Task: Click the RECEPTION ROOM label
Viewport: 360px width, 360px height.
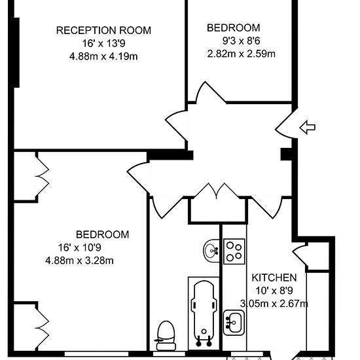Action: point(103,31)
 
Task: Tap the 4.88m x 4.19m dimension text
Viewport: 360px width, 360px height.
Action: point(103,56)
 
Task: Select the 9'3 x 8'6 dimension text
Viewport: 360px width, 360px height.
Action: point(242,41)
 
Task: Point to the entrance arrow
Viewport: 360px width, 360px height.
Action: point(308,127)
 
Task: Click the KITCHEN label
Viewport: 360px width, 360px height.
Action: point(274,278)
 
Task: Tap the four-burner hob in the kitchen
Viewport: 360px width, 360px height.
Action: point(234,251)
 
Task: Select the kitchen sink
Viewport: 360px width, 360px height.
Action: point(234,323)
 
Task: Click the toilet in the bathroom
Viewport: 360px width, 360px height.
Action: point(166,335)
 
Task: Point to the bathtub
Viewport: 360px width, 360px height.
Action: point(204,313)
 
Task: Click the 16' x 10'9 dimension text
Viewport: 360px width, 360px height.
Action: point(79,247)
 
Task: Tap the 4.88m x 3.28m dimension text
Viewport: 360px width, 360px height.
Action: point(79,261)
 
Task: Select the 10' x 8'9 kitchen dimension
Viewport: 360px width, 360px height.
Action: point(274,291)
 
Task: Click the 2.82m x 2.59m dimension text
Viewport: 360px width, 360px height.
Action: point(242,54)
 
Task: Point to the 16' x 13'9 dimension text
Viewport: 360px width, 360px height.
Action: point(103,43)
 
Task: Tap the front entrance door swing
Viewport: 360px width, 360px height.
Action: point(285,124)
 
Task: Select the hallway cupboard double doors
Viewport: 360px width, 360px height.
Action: point(217,191)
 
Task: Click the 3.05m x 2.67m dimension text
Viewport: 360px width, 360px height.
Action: point(274,304)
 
